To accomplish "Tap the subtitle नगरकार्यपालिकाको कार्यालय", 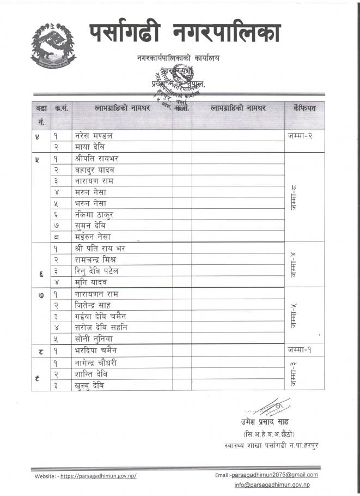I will click(x=179, y=58).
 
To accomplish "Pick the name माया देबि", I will click(x=90, y=147).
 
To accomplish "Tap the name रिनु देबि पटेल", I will click(x=96, y=271).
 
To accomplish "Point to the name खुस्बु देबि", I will click(x=89, y=385).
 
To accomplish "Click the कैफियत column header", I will click(x=304, y=108).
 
